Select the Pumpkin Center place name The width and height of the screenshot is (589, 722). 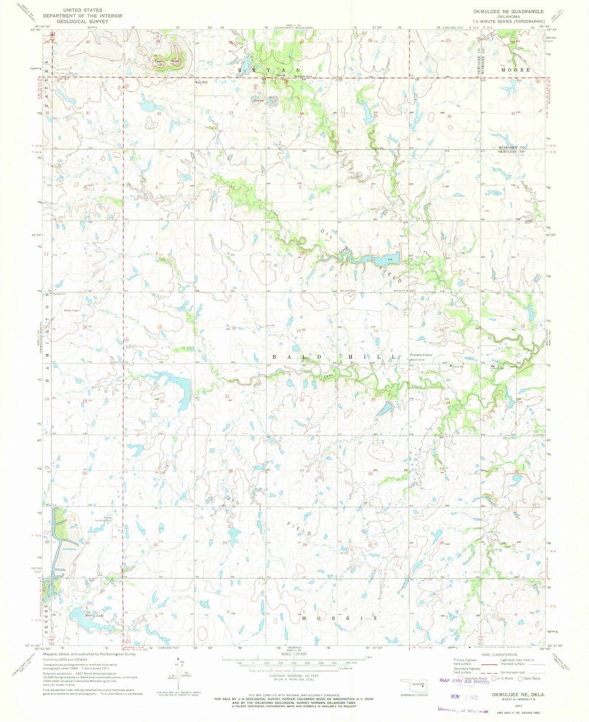(421, 355)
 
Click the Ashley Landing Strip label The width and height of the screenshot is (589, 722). (102, 519)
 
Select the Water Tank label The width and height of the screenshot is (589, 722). (417, 360)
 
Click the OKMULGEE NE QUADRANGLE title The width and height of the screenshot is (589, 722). (512, 10)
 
